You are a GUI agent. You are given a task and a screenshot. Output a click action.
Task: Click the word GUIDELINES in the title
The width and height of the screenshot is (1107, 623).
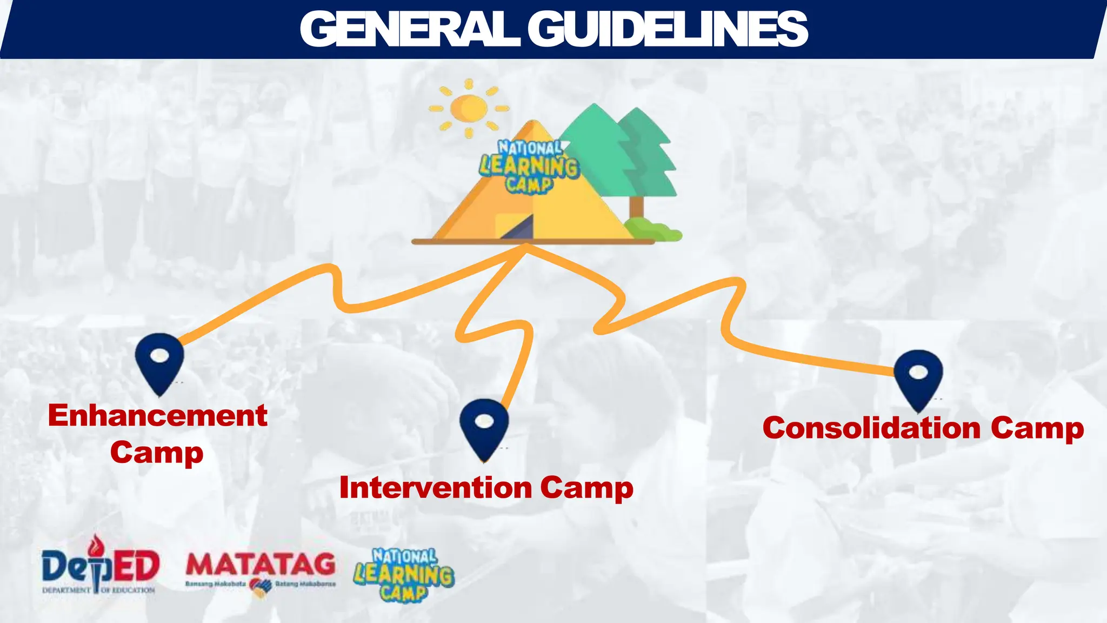point(667,29)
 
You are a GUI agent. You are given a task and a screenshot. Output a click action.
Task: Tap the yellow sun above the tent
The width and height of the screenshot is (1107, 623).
point(469,108)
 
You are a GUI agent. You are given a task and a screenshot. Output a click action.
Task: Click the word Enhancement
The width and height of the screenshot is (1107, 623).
point(158,416)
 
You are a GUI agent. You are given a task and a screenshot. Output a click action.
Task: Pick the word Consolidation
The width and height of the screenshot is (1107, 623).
point(871,428)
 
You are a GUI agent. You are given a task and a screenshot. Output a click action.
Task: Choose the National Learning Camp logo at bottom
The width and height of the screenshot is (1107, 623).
point(404,575)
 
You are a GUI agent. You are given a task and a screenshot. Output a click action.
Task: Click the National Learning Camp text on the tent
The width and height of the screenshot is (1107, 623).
point(529,165)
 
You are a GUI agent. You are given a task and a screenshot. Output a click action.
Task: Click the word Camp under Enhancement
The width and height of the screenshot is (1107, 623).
point(157,453)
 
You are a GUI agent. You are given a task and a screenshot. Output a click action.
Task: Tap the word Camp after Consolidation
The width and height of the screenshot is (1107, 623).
point(1037,428)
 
